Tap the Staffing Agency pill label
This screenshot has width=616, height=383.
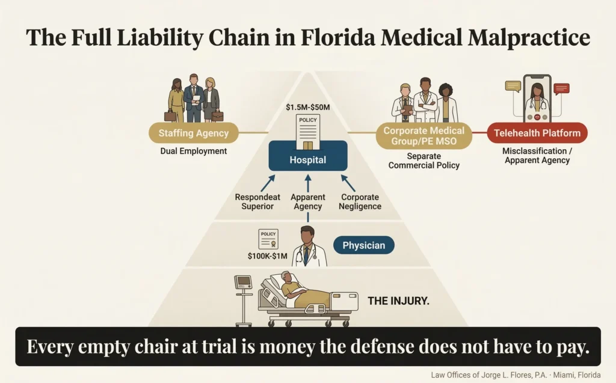(193, 133)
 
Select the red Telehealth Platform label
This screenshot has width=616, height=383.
(537, 133)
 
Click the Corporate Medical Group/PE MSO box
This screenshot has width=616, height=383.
(423, 136)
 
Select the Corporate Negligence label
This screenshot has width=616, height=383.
(361, 201)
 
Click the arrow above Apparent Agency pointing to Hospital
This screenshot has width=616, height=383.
(308, 183)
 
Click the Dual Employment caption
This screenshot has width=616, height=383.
(194, 152)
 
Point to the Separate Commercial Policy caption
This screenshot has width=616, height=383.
(423, 159)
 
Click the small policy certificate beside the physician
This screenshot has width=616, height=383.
(268, 239)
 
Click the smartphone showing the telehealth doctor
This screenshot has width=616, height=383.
(537, 99)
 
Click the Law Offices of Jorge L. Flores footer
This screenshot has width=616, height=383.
(516, 375)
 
